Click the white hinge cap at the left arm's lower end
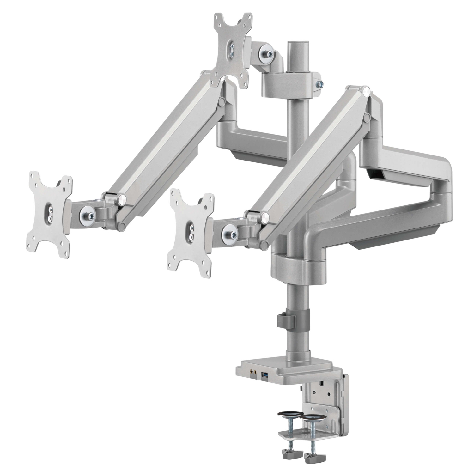122,199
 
